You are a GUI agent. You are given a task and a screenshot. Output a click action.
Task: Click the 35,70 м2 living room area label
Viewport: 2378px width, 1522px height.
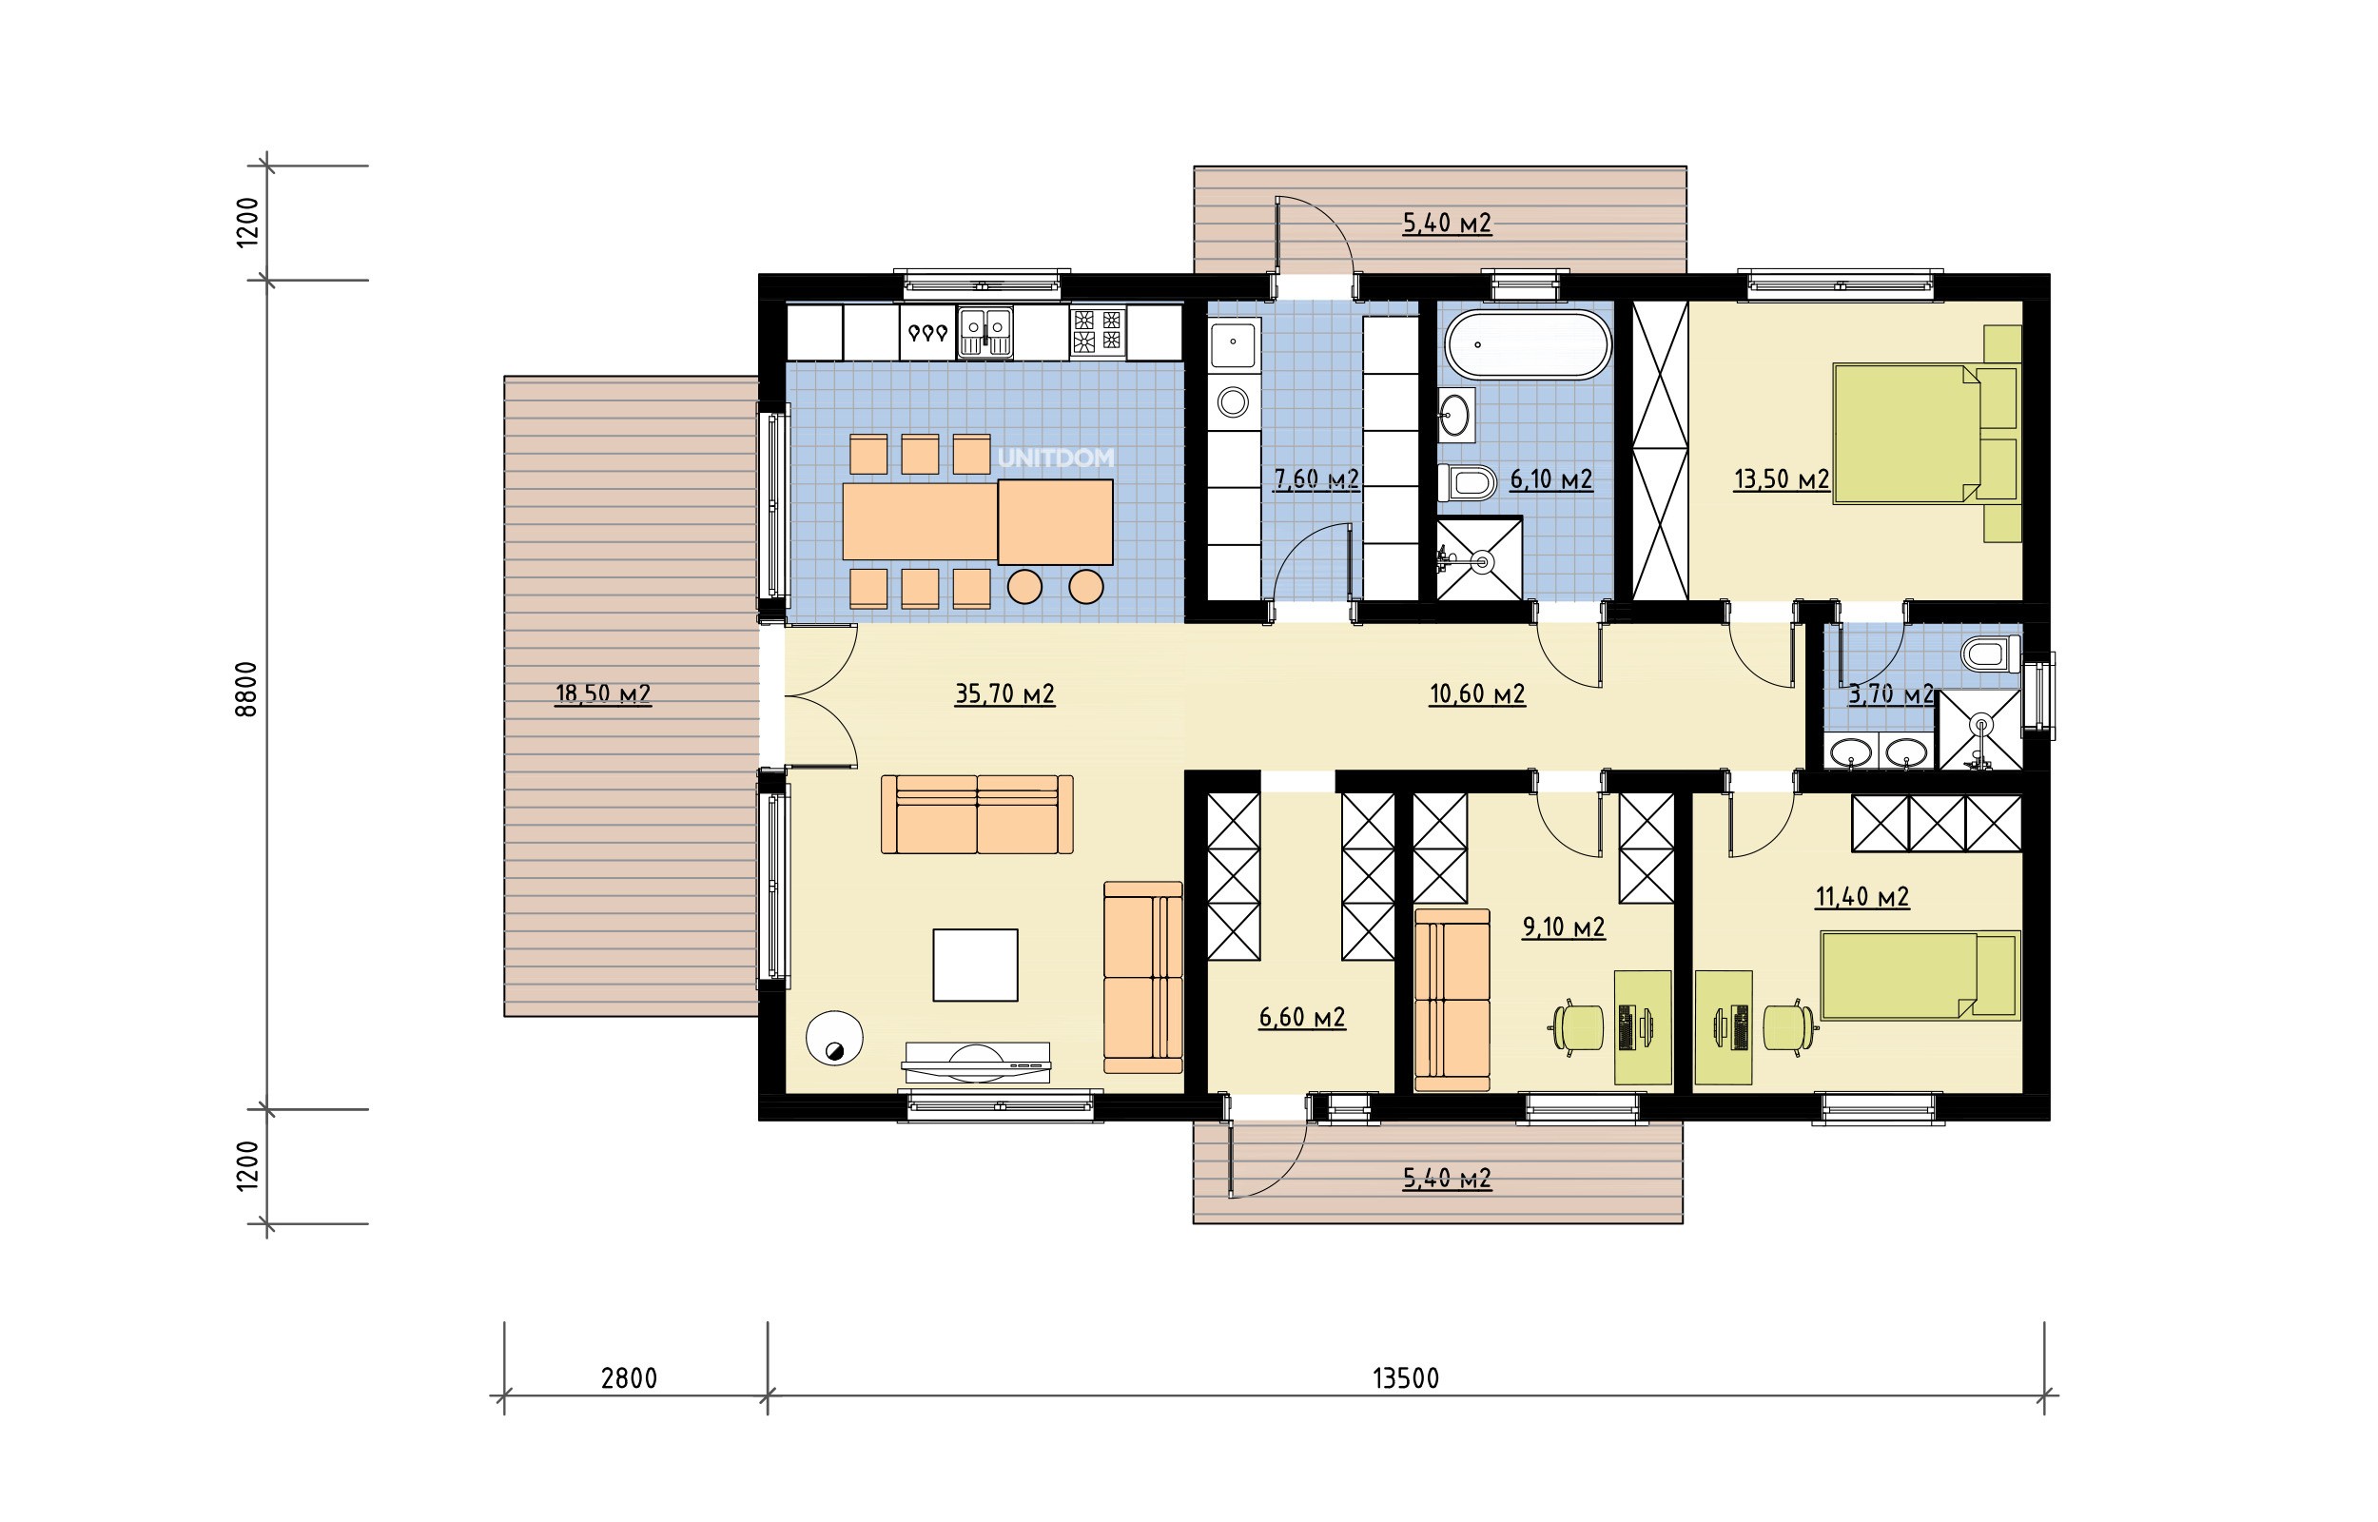pos(1004,693)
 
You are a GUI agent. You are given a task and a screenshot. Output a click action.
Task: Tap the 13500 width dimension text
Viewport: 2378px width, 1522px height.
pos(1406,1377)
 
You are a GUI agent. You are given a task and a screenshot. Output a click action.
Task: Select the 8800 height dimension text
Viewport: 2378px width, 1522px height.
pos(247,689)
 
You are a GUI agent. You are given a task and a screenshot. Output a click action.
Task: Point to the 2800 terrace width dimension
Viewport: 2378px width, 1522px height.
pos(630,1377)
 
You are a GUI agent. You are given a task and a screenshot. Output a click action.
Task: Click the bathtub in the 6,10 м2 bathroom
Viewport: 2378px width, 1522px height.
pos(1529,345)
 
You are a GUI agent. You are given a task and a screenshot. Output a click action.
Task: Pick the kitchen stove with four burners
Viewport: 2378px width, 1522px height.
pos(1098,331)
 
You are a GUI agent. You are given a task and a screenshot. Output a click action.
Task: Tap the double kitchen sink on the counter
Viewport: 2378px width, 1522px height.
pos(985,331)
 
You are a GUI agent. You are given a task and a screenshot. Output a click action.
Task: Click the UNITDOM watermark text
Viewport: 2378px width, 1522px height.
pos(1055,458)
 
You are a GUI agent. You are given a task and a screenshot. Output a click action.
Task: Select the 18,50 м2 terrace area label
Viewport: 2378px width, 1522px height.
pos(603,693)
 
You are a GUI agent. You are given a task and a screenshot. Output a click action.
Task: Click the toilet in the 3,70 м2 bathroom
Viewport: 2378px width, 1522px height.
pos(1990,655)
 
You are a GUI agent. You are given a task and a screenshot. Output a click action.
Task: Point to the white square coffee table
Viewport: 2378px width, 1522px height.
pos(975,965)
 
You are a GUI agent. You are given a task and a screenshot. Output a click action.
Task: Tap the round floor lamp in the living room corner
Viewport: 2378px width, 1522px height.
pos(834,1038)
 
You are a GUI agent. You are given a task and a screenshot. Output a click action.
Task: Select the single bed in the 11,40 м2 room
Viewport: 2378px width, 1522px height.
pos(1920,974)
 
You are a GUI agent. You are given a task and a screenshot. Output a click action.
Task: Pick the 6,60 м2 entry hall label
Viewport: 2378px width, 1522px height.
pos(1302,1017)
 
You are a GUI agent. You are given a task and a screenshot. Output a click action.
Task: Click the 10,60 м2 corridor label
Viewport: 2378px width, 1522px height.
pos(1477,693)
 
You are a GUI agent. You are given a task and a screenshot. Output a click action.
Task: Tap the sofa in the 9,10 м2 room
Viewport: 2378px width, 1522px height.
pos(1452,1000)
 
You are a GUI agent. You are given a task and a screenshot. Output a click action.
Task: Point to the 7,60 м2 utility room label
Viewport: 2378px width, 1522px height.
pos(1316,479)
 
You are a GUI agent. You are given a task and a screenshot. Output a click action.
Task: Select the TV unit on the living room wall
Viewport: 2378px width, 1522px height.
pos(976,1062)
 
